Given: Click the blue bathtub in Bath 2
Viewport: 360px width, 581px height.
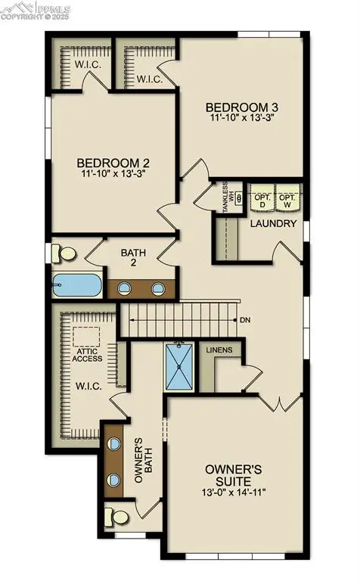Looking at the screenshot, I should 76,286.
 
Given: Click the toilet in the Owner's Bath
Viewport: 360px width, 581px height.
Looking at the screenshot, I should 119,517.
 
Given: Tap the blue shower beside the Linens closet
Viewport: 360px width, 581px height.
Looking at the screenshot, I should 180,366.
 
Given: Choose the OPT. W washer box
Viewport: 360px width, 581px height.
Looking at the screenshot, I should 288,197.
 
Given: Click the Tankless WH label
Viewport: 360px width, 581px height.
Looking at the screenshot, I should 226,198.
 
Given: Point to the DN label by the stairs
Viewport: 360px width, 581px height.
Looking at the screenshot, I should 245,320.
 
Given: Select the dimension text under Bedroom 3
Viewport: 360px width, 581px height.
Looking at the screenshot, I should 243,117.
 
